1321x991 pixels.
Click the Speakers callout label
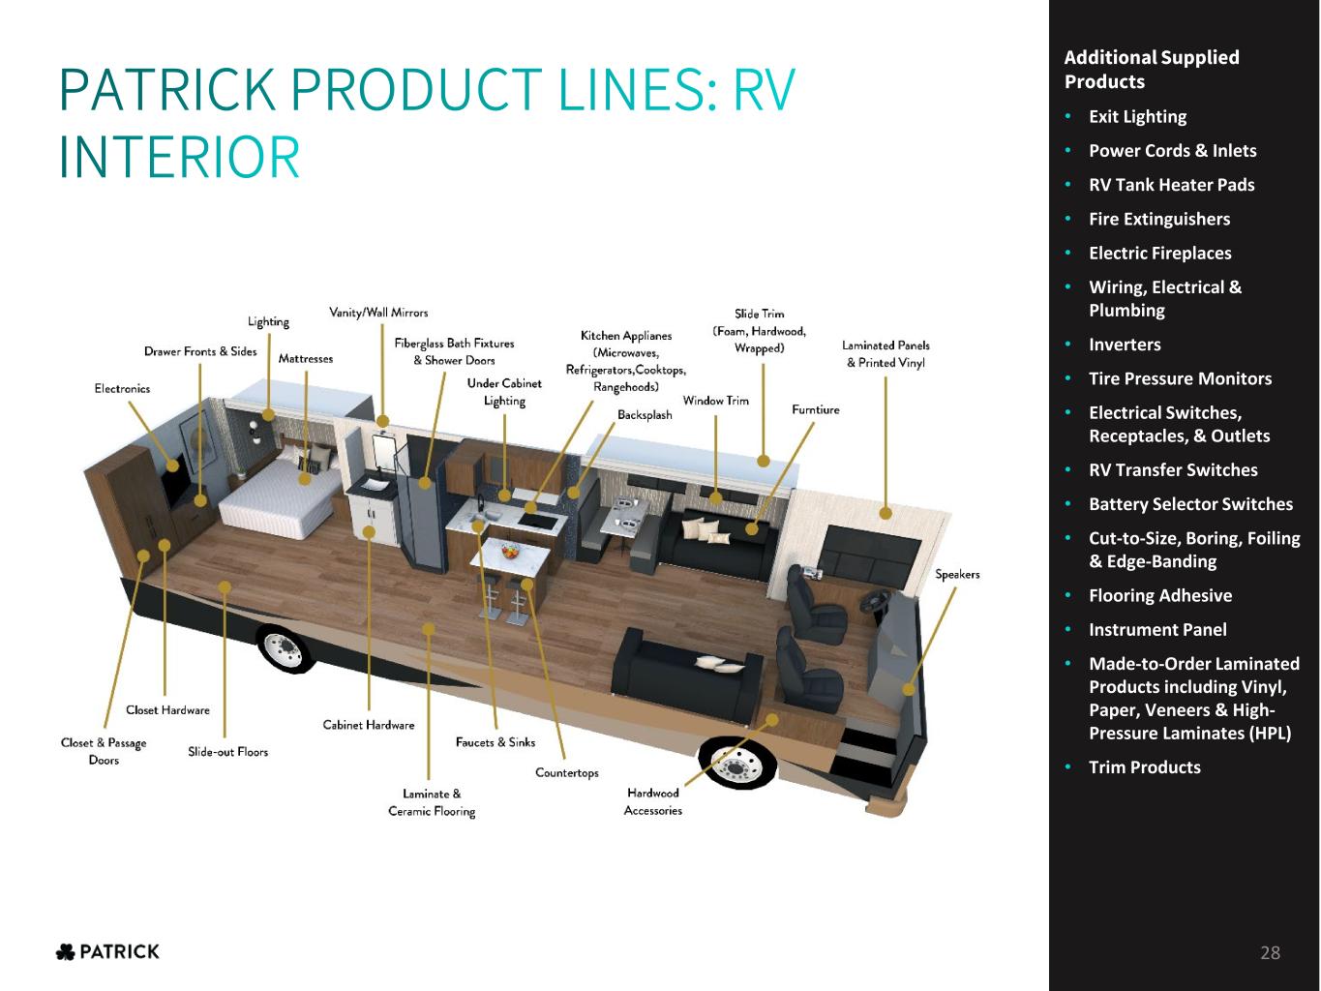click(x=957, y=574)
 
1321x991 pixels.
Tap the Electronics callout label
click(x=122, y=389)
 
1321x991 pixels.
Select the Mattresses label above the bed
click(x=306, y=359)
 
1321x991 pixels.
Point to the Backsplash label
click(x=645, y=414)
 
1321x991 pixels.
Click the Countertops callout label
click(x=567, y=772)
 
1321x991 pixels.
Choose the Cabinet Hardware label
click(x=369, y=725)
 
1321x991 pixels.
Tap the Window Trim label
click(x=715, y=401)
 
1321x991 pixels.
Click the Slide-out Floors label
click(x=227, y=752)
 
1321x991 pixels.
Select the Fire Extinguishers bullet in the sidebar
click(x=1159, y=219)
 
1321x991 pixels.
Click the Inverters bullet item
click(x=1125, y=345)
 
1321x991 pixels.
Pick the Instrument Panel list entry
click(x=1157, y=630)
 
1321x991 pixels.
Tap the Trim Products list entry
click(x=1144, y=767)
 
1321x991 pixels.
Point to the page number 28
click(x=1270, y=952)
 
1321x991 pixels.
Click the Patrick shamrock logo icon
click(x=65, y=952)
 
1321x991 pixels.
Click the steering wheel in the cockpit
click(x=878, y=598)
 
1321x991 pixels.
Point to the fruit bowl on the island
click(x=511, y=550)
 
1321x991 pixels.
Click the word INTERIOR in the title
click(x=179, y=157)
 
